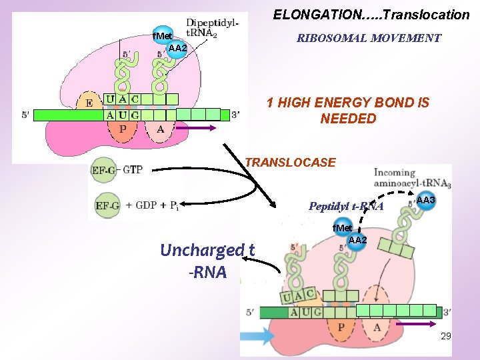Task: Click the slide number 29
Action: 446,337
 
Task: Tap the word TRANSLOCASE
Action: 291,162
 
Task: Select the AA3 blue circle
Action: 425,201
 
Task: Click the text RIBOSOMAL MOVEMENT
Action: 369,38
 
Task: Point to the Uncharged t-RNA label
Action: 207,260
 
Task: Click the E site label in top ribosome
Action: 89,103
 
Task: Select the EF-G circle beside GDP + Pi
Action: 107,205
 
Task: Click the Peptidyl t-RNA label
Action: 346,207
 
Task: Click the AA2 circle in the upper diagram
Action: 177,48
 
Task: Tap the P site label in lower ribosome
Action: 341,327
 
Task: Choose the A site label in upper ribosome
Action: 160,129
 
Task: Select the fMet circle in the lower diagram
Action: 343,228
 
